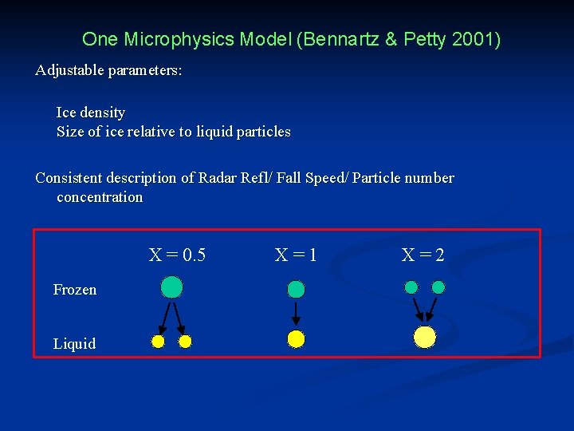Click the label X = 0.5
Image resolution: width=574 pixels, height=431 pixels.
coord(177,255)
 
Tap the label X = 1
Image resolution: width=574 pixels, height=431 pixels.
coord(296,255)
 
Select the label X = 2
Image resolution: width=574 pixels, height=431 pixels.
coord(423,255)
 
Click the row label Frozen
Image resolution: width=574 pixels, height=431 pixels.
coord(74,290)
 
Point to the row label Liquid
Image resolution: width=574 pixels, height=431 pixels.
coord(74,344)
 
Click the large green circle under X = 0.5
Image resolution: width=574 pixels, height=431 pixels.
coord(171,287)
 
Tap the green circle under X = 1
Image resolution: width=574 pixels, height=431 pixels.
coord(296,289)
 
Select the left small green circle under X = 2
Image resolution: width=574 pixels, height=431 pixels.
coord(411,287)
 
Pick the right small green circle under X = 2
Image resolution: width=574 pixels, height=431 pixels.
coord(438,287)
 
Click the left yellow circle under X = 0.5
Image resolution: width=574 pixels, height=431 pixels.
coord(158,342)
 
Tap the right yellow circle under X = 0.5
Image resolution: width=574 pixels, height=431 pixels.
coord(185,342)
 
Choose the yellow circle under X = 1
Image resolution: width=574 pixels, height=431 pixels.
coord(296,339)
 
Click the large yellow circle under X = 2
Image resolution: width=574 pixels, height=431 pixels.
coord(425,337)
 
